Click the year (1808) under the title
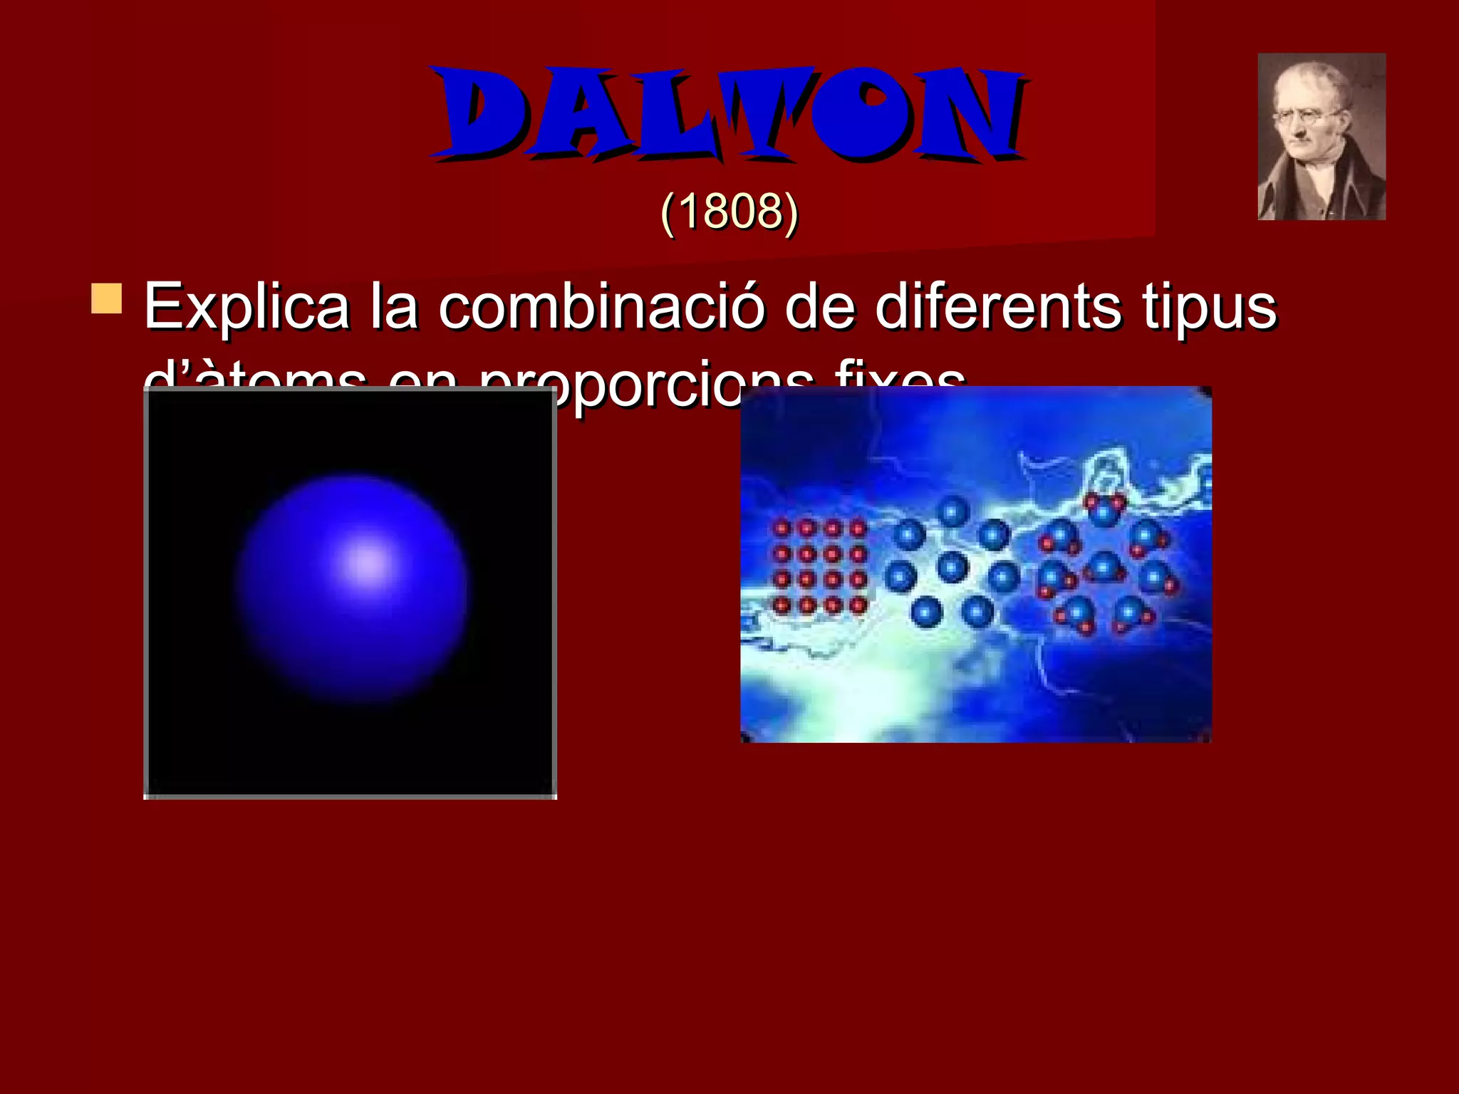coord(729,212)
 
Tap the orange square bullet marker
coord(107,298)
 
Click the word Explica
coord(246,308)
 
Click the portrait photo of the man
coord(1321,137)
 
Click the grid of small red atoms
coord(819,567)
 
